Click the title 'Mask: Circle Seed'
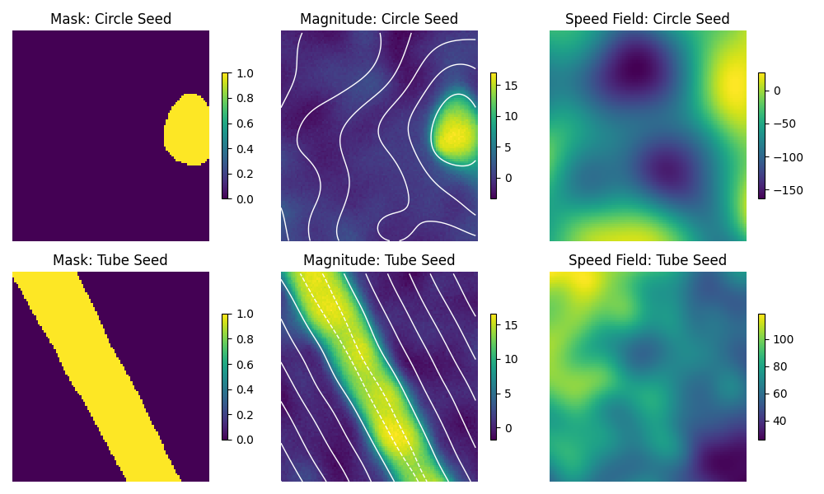[x=110, y=19]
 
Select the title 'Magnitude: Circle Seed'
[x=379, y=19]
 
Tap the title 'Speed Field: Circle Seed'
[x=648, y=19]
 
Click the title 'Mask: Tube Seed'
[x=110, y=260]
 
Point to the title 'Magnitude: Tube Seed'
[x=379, y=260]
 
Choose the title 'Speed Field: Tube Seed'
[x=648, y=260]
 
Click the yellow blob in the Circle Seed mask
[x=187, y=129]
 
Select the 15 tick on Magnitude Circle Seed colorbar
[x=509, y=85]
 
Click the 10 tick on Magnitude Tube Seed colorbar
[x=509, y=359]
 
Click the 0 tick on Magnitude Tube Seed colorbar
[x=509, y=427]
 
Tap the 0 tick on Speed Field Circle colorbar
[x=778, y=91]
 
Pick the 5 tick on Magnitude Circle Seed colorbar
[x=509, y=147]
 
